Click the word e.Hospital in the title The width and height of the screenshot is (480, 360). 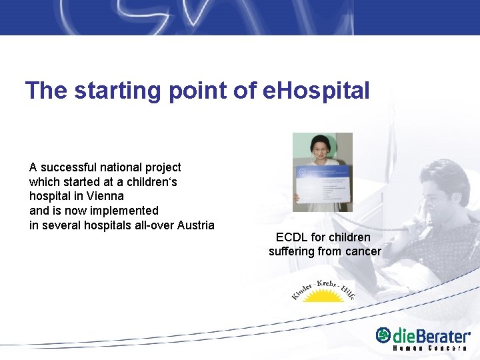click(315, 90)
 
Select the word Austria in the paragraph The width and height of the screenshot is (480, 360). click(193, 225)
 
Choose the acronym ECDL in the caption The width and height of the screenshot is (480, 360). click(291, 237)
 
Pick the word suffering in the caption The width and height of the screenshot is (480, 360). click(291, 251)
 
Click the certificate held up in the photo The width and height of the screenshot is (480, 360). click(322, 179)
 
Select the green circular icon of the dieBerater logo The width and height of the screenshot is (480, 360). click(383, 335)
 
